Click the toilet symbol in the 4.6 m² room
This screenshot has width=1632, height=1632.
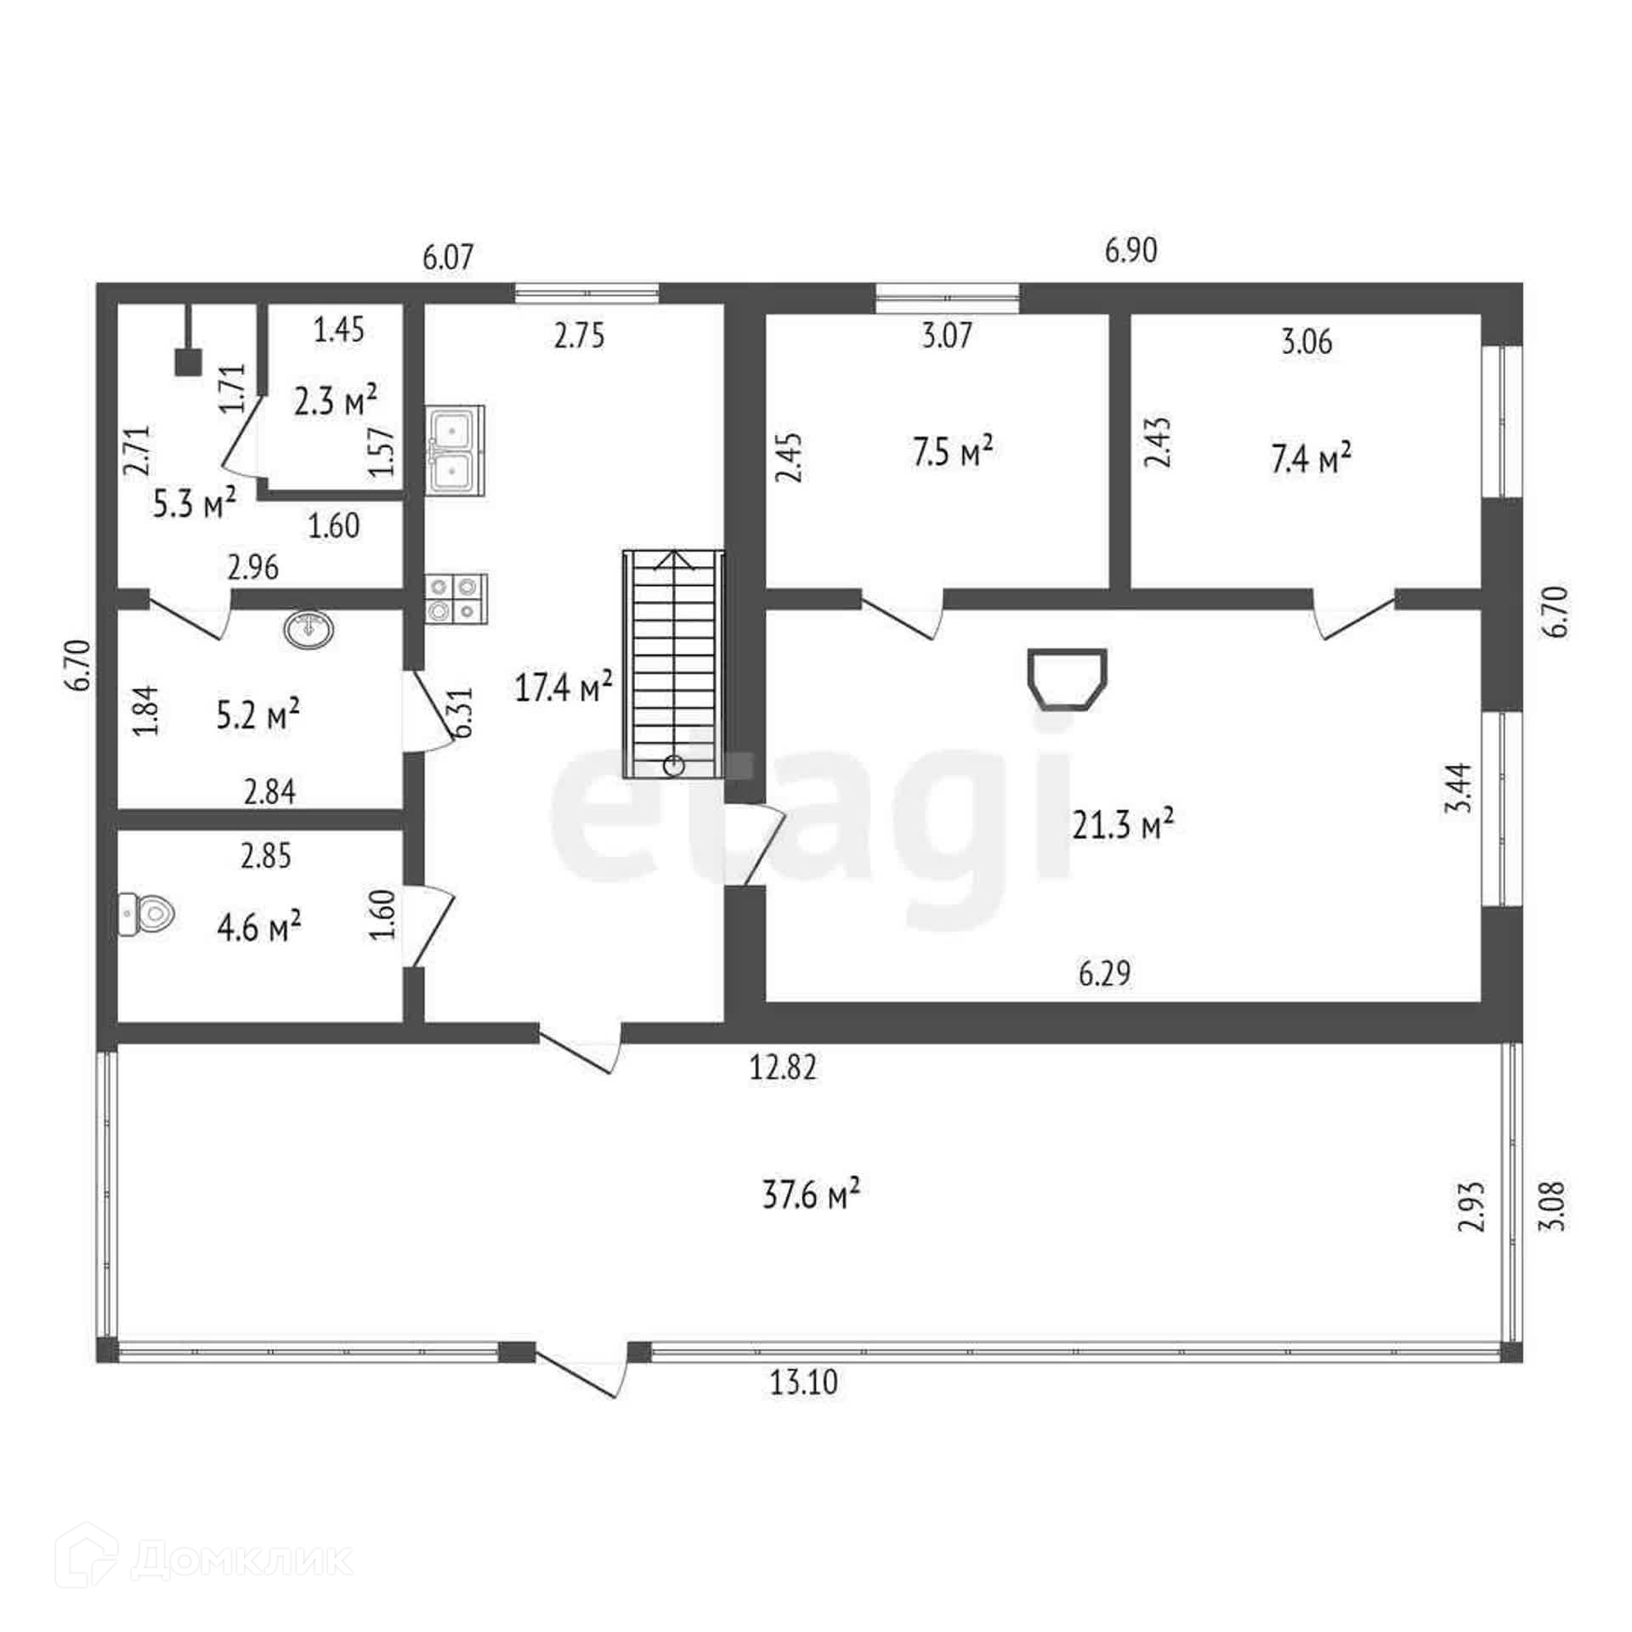(147, 915)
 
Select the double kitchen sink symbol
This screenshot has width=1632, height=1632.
(456, 450)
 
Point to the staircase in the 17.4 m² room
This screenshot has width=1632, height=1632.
(674, 663)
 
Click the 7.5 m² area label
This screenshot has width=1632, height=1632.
(953, 451)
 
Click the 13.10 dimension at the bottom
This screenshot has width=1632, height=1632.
(803, 1383)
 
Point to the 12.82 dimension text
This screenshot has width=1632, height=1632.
(782, 1067)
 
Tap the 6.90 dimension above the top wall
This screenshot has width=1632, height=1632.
(1130, 251)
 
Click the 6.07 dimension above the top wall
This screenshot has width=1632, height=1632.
(448, 256)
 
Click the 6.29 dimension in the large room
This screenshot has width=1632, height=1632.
(1105, 973)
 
